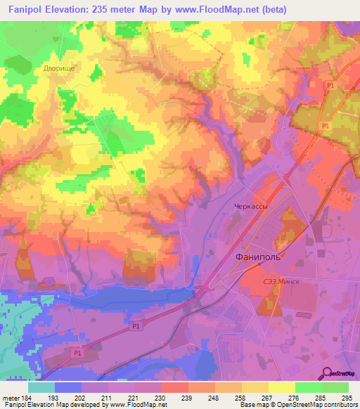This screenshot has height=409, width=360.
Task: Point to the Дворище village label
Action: pyautogui.click(x=58, y=68)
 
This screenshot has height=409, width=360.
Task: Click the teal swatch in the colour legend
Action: pyautogui.click(x=41, y=387)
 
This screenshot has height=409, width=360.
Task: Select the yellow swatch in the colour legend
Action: pyautogui.click(x=281, y=387)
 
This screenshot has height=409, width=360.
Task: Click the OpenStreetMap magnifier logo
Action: pyautogui.click(x=326, y=373)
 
